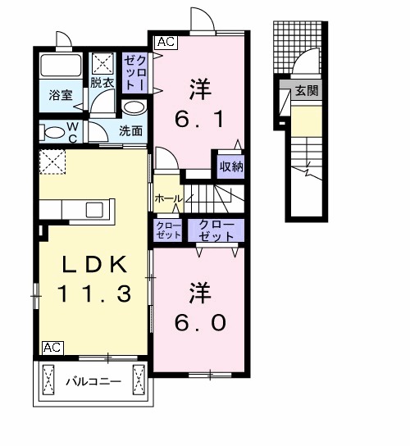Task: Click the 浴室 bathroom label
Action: (61, 95)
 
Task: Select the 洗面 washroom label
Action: (130, 130)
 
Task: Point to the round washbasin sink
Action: (133, 107)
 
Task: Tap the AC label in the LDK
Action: (52, 347)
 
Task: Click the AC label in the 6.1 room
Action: (165, 40)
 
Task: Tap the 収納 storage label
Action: (230, 166)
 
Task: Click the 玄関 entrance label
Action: (307, 90)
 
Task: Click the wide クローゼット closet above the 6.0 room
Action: (215, 230)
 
